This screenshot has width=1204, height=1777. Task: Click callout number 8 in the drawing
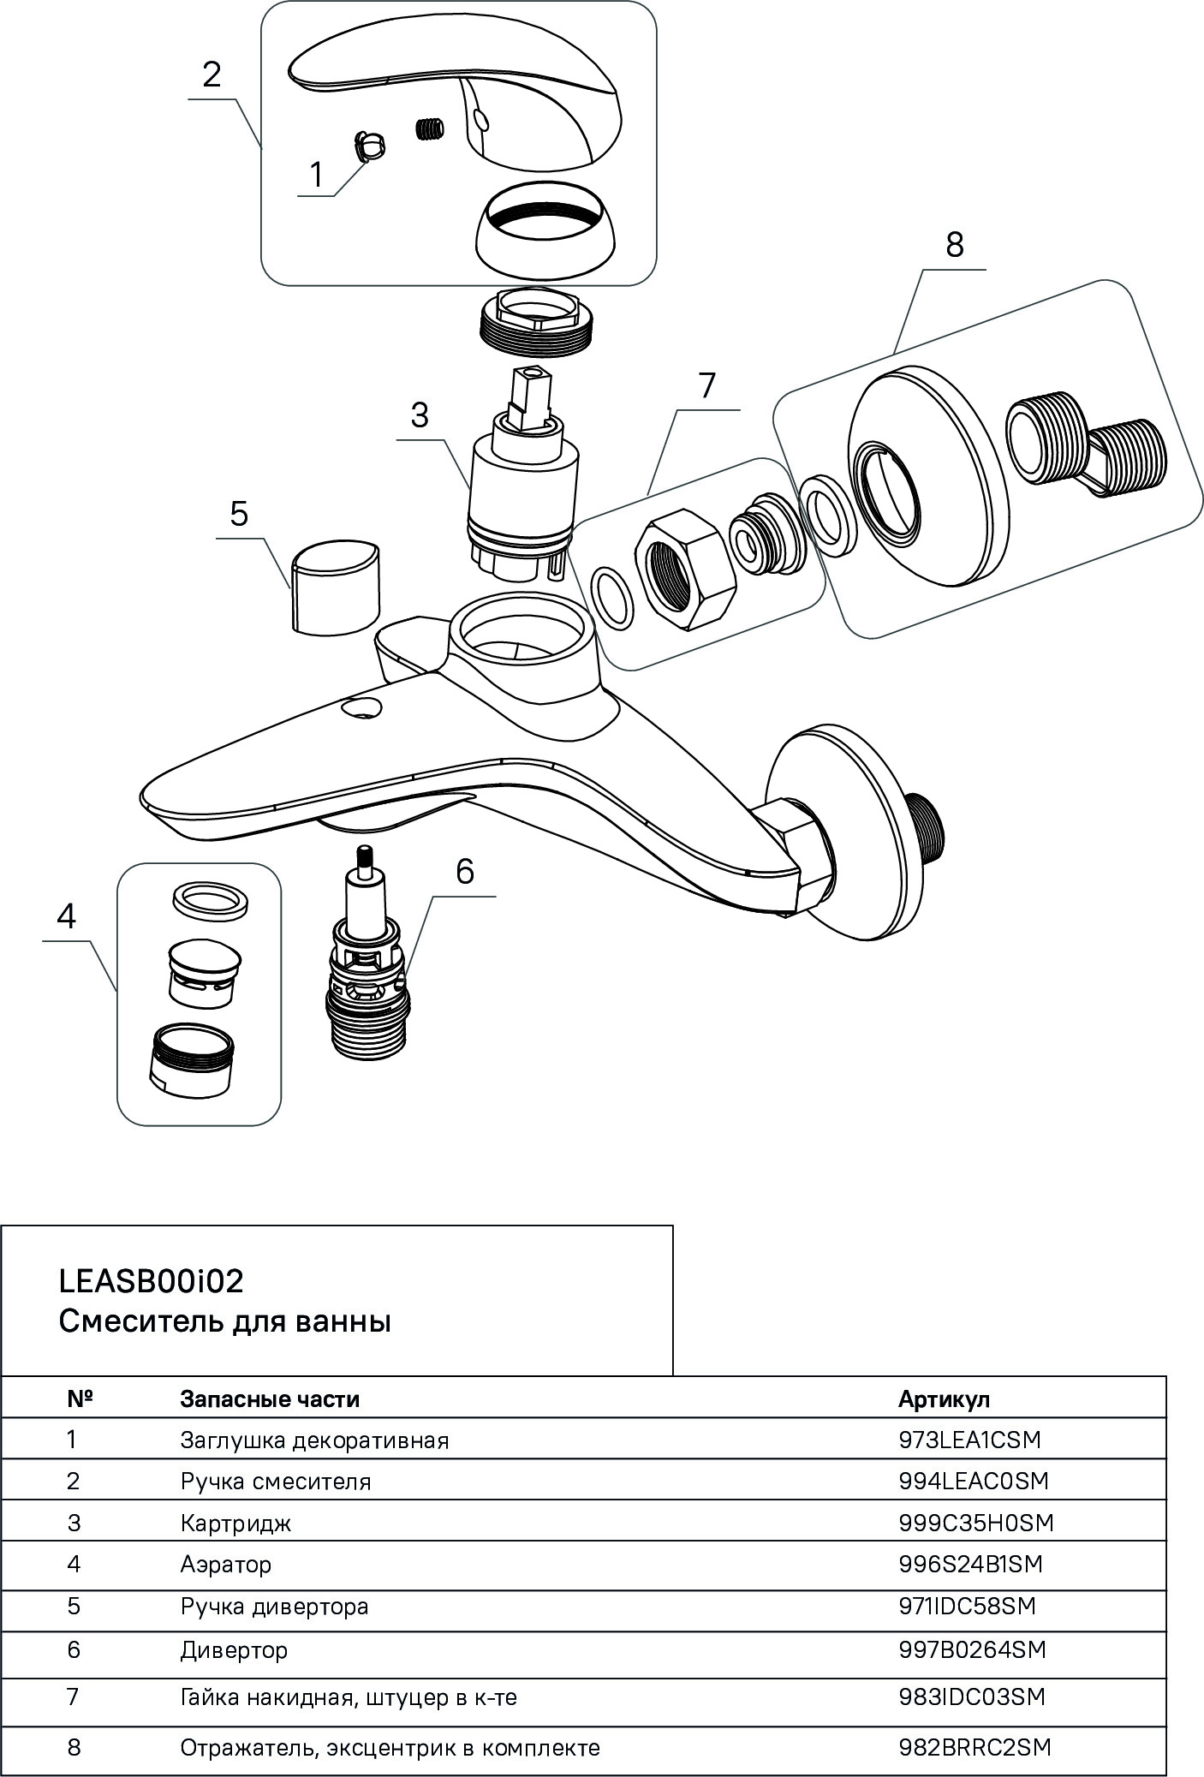(x=954, y=245)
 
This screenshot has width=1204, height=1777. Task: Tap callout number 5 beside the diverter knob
(x=239, y=514)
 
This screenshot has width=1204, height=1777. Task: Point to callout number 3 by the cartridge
(x=420, y=415)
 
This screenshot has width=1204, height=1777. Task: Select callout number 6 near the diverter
(x=464, y=871)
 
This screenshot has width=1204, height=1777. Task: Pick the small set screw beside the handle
(x=431, y=129)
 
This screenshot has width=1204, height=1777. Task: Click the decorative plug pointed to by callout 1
(x=369, y=146)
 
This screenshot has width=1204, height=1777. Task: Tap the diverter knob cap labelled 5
(x=335, y=587)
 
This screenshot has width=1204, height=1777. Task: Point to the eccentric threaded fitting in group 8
(x=1085, y=448)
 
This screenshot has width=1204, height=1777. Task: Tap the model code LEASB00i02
(x=152, y=1281)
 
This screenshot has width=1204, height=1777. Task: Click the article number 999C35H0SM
(x=975, y=1523)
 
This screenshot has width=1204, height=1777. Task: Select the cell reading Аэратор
(x=226, y=1564)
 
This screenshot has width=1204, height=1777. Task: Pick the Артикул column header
(x=944, y=1399)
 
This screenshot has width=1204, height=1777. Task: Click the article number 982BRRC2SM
(x=975, y=1747)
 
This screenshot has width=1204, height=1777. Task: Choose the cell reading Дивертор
(x=234, y=1649)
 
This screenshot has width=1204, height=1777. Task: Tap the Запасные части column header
(x=270, y=1399)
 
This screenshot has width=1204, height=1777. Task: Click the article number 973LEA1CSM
(x=969, y=1440)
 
